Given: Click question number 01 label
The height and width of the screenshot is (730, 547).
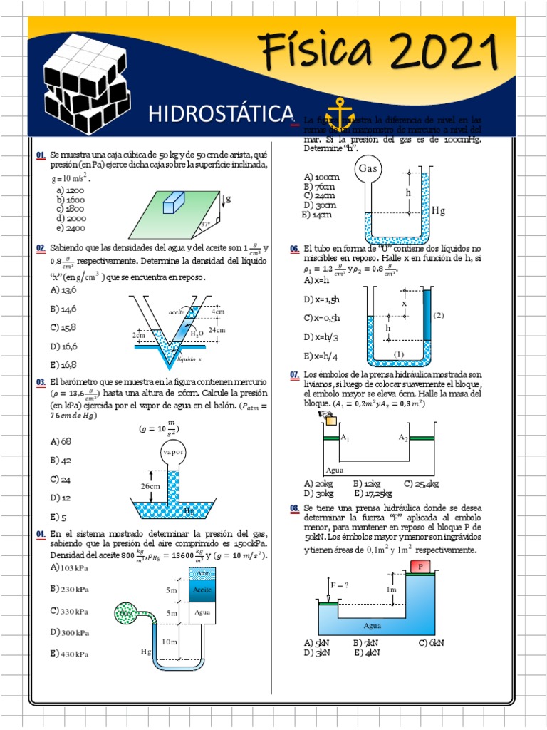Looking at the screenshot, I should click(41, 155).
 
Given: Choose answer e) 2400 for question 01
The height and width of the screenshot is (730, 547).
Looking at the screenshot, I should click(71, 228).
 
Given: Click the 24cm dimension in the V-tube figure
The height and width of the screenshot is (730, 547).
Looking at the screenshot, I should click(217, 330).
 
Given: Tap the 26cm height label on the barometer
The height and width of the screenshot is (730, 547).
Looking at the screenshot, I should click(150, 485).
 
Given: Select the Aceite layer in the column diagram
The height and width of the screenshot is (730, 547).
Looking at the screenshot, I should click(201, 590).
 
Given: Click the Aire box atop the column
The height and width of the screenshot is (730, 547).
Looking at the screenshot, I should click(201, 573).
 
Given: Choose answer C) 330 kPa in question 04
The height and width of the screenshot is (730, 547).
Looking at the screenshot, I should click(70, 611).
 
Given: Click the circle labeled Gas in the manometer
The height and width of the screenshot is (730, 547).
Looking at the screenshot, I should click(367, 169).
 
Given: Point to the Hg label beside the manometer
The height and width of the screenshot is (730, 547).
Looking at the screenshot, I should click(439, 210).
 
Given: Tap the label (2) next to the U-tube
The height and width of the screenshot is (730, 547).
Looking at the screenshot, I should click(439, 315).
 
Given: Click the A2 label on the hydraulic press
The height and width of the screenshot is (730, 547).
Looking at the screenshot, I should click(403, 436).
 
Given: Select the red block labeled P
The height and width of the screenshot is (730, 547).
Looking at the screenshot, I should click(420, 566).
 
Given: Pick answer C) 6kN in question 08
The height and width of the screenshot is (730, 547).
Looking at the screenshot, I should click(432, 642).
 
